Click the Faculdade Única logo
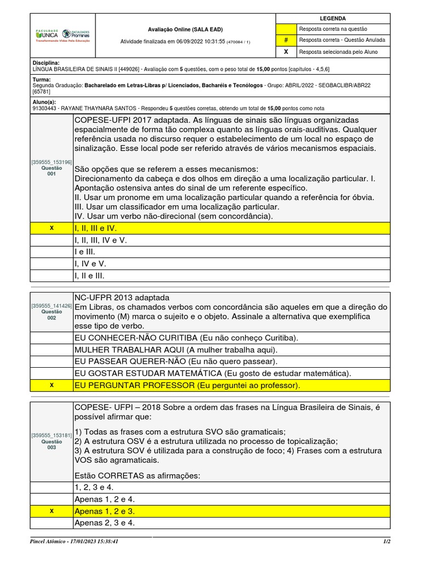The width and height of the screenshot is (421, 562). (46, 34)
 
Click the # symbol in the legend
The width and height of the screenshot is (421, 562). (286, 40)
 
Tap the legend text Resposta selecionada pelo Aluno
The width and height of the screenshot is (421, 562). (337, 52)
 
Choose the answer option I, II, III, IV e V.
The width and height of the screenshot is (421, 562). (100, 240)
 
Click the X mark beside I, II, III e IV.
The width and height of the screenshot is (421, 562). (52, 228)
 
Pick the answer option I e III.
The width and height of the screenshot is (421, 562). (84, 252)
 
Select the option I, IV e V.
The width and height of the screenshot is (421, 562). (90, 263)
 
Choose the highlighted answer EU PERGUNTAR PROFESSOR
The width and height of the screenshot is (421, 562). (187, 385)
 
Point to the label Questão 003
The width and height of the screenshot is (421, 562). (52, 441)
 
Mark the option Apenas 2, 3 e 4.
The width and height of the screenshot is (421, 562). (104, 522)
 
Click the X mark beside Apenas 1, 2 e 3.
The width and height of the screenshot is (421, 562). (52, 511)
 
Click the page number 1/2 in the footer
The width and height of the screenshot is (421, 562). (386, 541)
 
